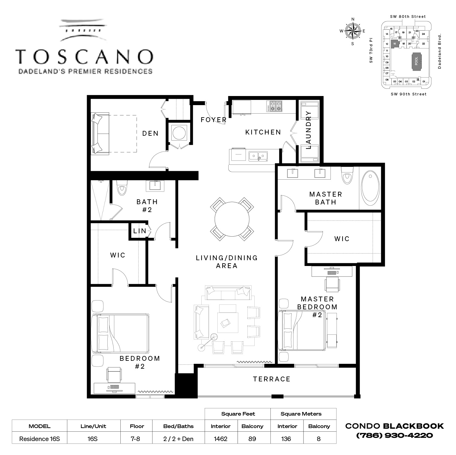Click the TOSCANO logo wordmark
[84, 57]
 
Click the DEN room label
[150, 133]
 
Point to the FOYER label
[213, 120]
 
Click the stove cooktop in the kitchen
[274, 106]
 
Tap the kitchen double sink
[258, 156]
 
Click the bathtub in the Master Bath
[370, 187]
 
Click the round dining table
[232, 219]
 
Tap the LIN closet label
[139, 231]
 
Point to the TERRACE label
[272, 379]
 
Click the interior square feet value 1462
[220, 439]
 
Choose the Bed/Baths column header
[178, 426]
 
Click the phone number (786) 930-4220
[394, 436]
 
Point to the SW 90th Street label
[408, 94]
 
